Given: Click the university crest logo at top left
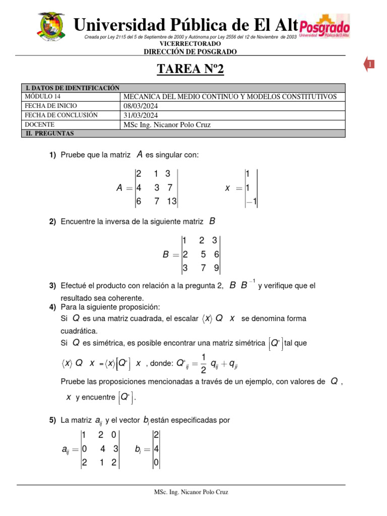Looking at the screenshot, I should click(x=51, y=28).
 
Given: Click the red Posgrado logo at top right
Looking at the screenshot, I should click(x=324, y=28).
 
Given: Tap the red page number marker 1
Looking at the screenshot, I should click(x=369, y=64).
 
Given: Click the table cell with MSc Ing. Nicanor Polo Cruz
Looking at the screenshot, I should click(x=167, y=125).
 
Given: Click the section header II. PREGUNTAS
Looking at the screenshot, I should click(x=50, y=134).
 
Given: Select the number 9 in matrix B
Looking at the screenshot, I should click(x=216, y=269).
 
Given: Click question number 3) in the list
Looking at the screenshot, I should click(x=52, y=286).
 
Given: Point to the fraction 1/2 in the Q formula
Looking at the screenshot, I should click(x=203, y=363).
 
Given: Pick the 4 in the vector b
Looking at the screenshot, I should click(x=157, y=448).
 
